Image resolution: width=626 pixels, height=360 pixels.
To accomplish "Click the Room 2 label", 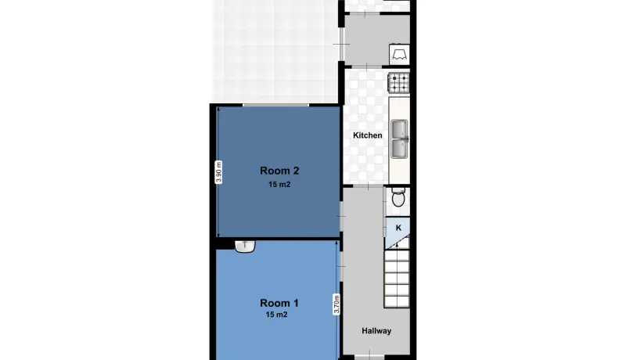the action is [x=279, y=171].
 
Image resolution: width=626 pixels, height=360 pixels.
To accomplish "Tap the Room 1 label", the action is [x=279, y=303].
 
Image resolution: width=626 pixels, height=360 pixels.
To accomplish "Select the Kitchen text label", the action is [x=367, y=135].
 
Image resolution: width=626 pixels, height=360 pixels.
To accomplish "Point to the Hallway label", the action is [x=376, y=330].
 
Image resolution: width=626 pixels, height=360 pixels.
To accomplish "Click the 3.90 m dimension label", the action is [x=218, y=172].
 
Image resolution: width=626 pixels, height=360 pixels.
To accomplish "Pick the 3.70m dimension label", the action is [x=336, y=304].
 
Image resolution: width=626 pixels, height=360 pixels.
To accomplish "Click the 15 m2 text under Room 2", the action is [x=279, y=185].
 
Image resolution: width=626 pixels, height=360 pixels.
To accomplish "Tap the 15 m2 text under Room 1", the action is [x=276, y=315].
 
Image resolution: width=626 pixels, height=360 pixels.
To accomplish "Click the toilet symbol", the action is [x=398, y=197].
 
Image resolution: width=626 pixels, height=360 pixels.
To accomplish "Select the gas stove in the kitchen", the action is [x=398, y=83].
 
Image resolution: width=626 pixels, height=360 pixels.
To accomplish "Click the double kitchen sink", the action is [x=399, y=139].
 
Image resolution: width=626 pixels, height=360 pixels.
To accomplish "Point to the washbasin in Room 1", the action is [x=245, y=246].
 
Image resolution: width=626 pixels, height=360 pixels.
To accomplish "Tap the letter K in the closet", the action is [x=398, y=228].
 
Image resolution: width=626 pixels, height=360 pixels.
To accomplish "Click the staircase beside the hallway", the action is [x=397, y=278].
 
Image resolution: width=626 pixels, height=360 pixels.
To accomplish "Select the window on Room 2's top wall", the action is [x=275, y=105].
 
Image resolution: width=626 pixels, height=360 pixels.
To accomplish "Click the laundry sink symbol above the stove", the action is [x=399, y=54].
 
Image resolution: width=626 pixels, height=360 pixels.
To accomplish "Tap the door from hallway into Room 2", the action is [x=341, y=216].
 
